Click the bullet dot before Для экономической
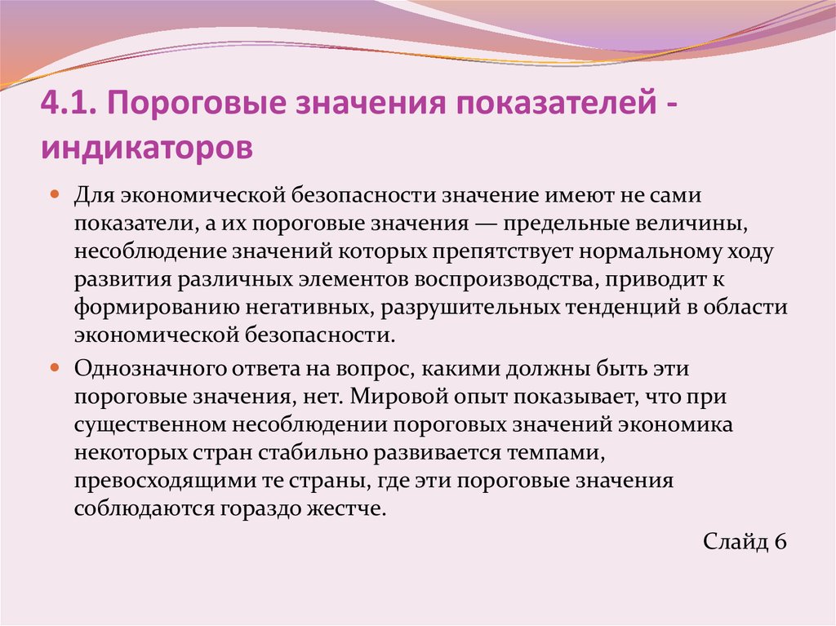55,197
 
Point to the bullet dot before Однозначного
55,368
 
